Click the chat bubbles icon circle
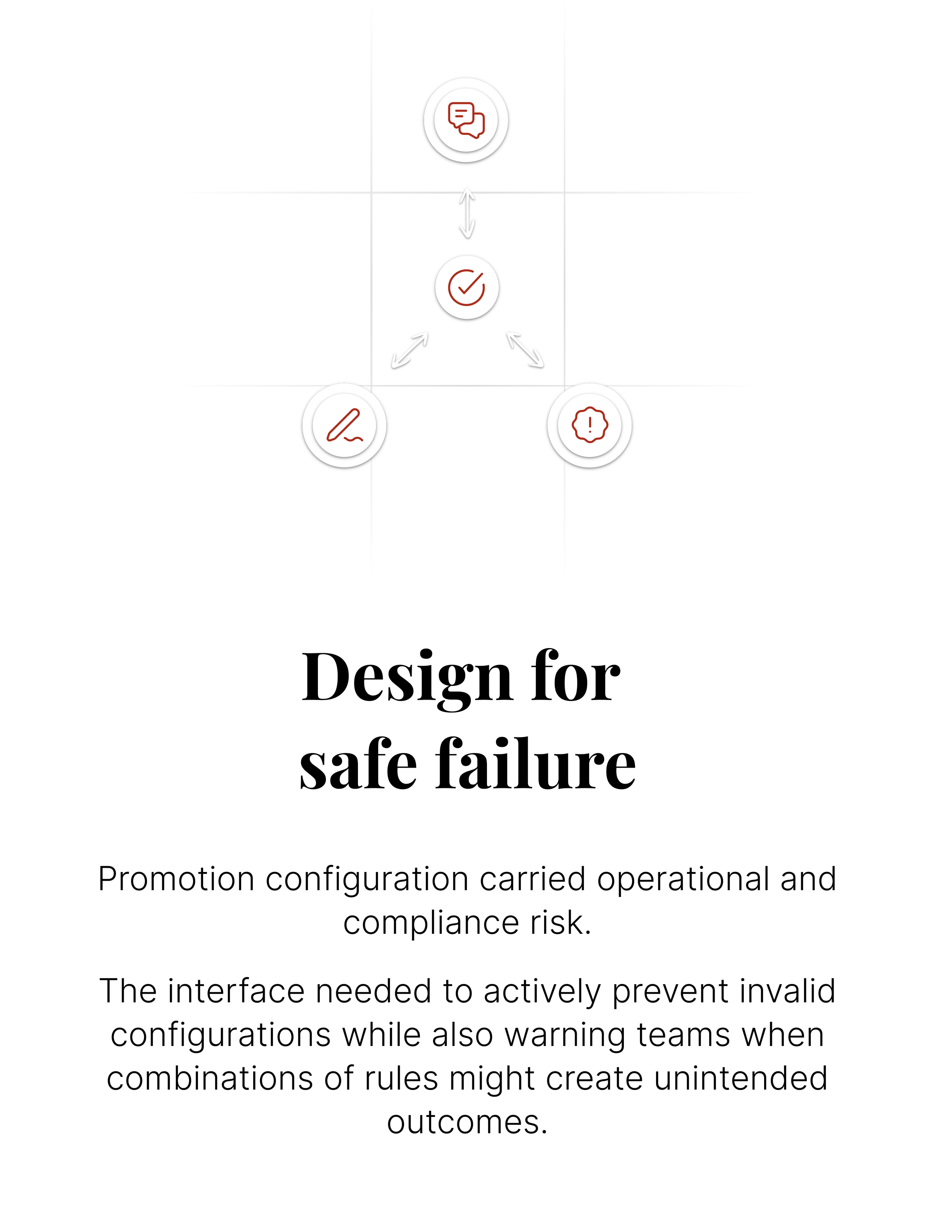click(x=466, y=120)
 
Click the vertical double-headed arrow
click(x=467, y=213)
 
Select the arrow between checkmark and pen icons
click(x=410, y=350)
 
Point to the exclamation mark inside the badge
click(x=590, y=424)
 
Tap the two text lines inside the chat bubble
click(x=459, y=113)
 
